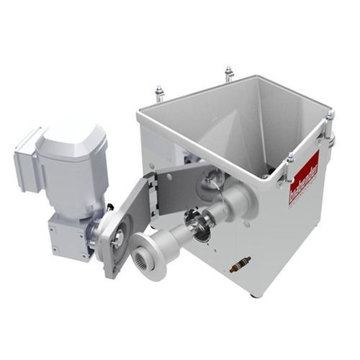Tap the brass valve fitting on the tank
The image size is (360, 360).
click(x=240, y=264)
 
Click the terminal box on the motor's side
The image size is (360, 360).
click(x=26, y=153)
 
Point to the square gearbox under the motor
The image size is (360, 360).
click(x=69, y=232)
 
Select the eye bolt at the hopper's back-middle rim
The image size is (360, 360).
click(x=228, y=73)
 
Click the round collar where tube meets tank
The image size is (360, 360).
click(x=240, y=204)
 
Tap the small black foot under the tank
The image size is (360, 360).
click(x=253, y=294)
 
